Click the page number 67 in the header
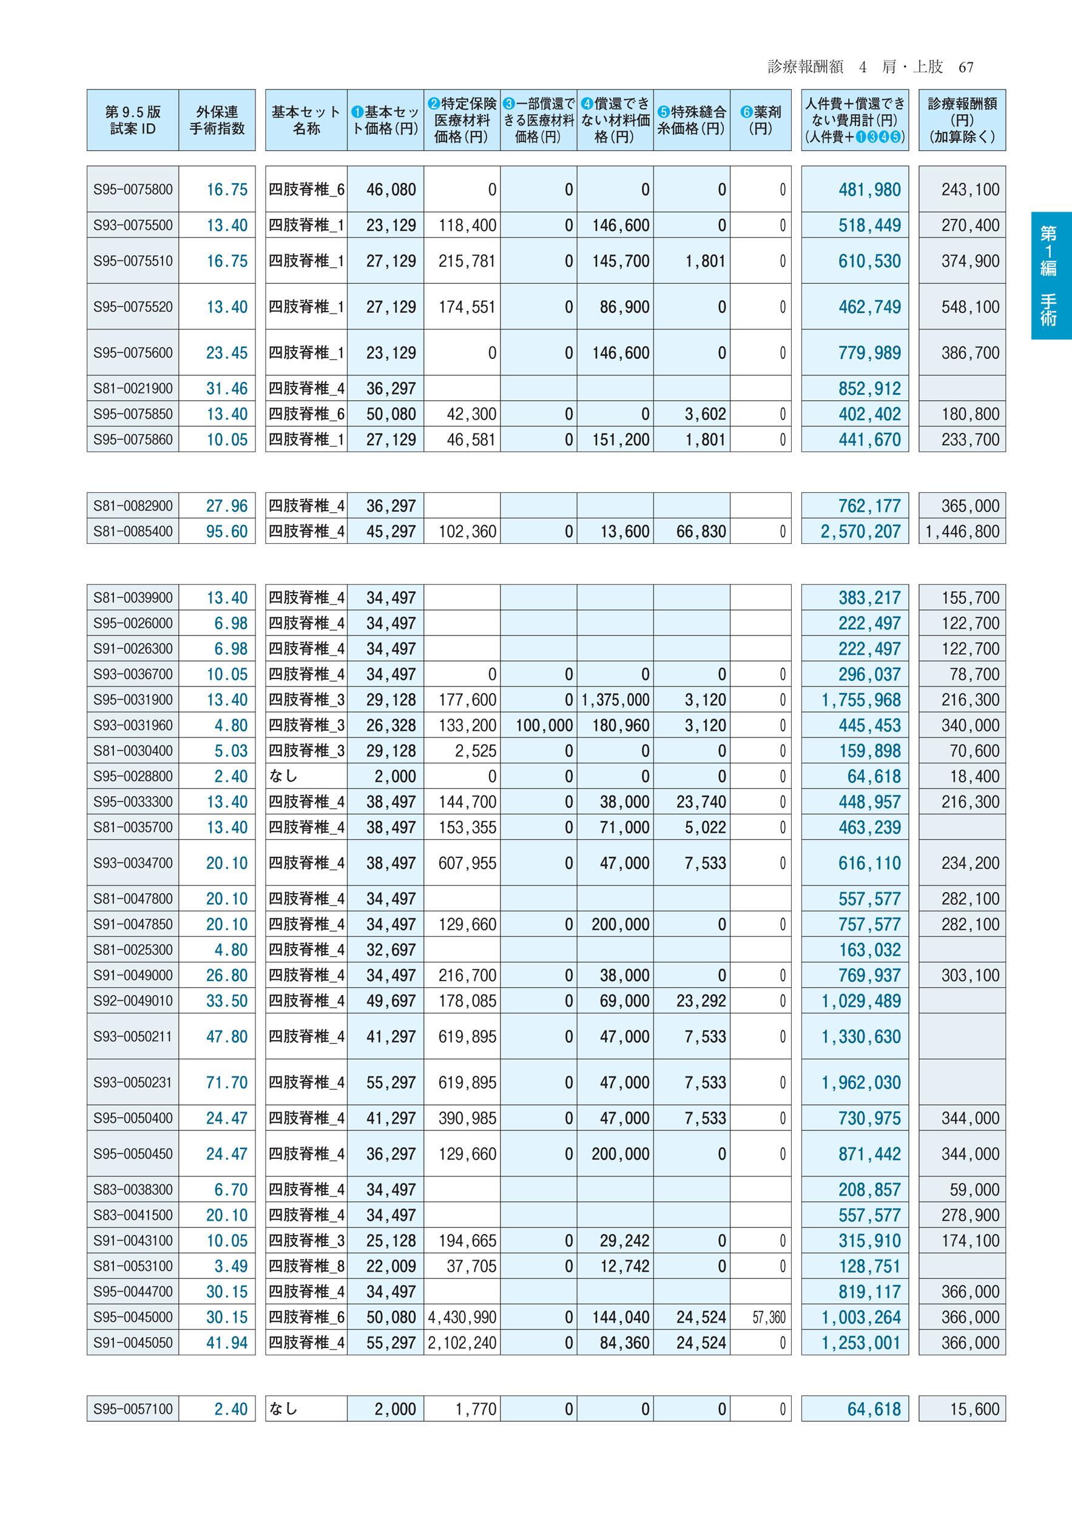tap(966, 67)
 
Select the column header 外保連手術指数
tap(217, 120)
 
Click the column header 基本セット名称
tap(306, 120)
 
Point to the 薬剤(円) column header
tap(760, 120)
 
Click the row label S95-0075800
tap(133, 189)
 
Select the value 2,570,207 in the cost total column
tap(860, 532)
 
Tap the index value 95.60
tap(226, 532)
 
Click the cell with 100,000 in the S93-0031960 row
tap(544, 726)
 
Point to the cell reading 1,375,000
tap(615, 700)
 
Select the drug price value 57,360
tap(769, 1317)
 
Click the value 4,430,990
tap(462, 1317)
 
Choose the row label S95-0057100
tap(133, 1409)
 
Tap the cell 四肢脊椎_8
tap(306, 1266)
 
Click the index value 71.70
tap(226, 1082)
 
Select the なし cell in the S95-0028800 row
tap(283, 776)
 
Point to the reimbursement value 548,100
tap(969, 307)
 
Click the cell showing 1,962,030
tap(860, 1082)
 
